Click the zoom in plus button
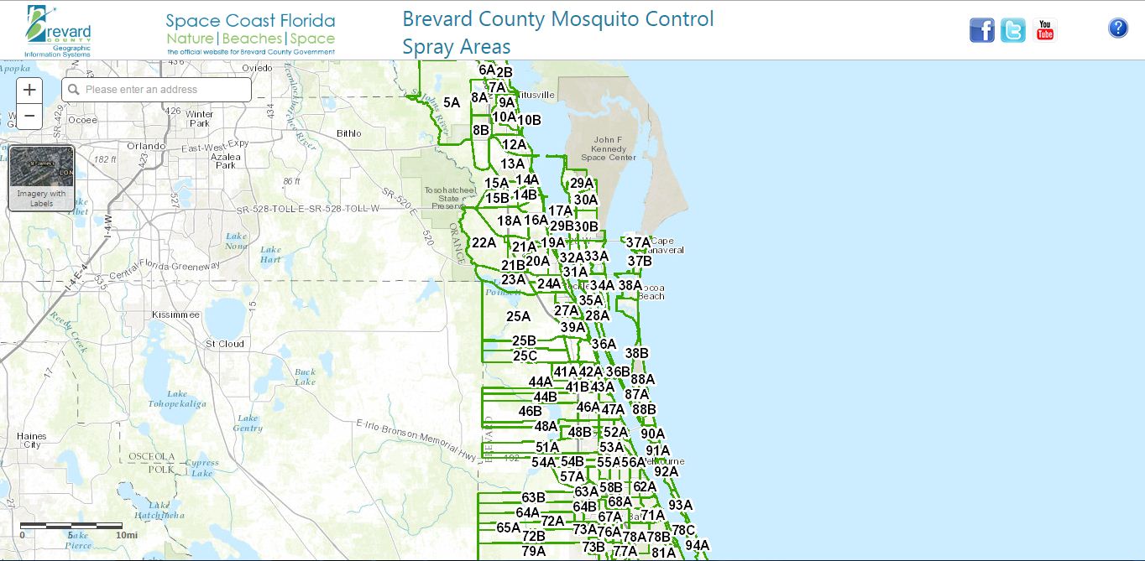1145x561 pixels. tap(29, 90)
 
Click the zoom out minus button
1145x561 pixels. tap(29, 116)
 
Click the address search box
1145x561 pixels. tap(157, 90)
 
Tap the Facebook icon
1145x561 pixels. tap(981, 30)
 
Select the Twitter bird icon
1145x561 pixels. tap(1012, 30)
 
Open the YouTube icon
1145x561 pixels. tap(1044, 30)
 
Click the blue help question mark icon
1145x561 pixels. tap(1117, 29)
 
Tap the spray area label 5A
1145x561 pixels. tap(452, 102)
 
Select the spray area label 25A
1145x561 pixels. tap(518, 316)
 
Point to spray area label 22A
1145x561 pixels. tap(484, 242)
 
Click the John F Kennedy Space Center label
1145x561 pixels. tap(609, 148)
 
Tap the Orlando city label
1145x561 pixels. tap(146, 145)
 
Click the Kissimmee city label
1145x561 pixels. tap(175, 314)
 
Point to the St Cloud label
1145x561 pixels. tap(225, 343)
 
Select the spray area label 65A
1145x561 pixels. tap(508, 527)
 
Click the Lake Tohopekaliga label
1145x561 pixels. tap(177, 398)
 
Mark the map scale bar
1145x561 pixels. tap(71, 526)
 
